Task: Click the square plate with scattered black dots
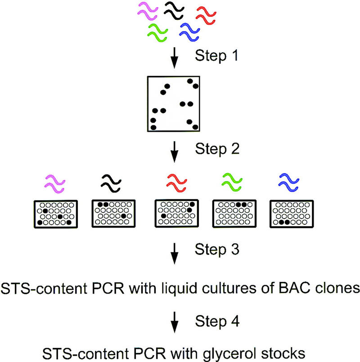(173, 104)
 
